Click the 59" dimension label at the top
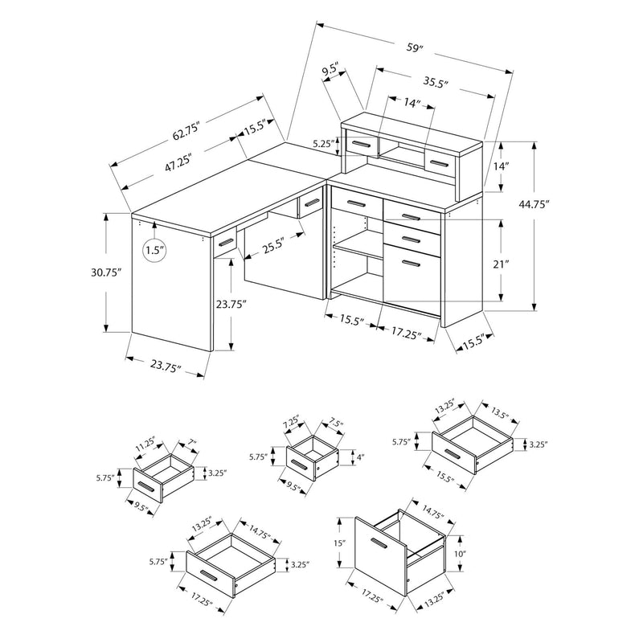(414, 47)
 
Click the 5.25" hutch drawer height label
(323, 144)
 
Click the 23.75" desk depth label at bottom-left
(166, 367)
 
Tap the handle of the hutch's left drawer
(361, 145)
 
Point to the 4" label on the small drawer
(360, 457)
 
